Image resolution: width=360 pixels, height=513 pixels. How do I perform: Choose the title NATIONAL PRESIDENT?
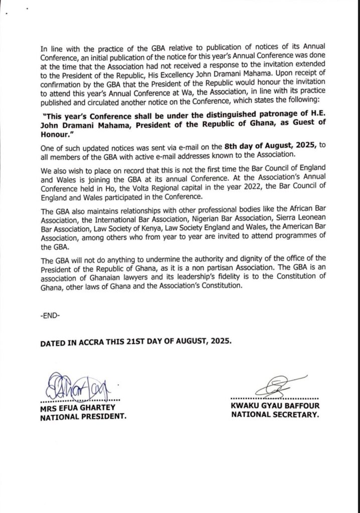pos(83,416)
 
